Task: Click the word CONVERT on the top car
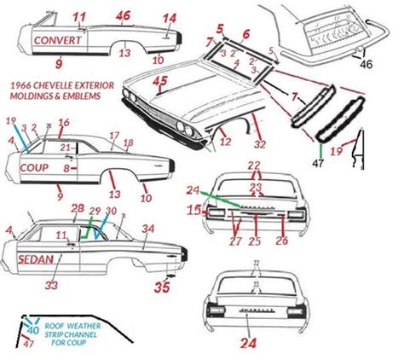point(58,39)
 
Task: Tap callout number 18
point(128,142)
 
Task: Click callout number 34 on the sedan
point(148,228)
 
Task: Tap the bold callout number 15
point(193,208)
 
